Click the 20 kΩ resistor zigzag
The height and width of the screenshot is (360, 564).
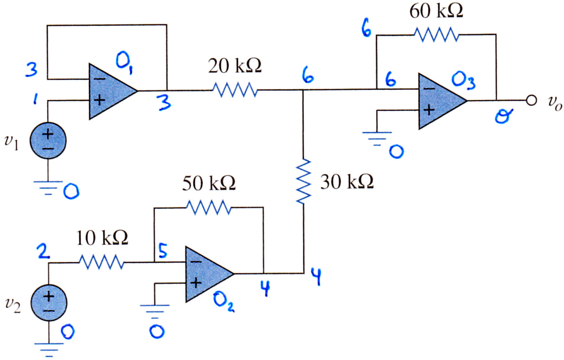(x=235, y=90)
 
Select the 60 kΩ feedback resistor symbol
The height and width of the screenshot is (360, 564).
(x=436, y=35)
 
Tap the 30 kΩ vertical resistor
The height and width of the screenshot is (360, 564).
(x=304, y=182)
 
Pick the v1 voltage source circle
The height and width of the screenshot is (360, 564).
(x=48, y=140)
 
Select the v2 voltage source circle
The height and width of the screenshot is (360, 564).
(x=48, y=302)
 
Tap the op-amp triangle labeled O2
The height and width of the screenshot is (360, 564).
(x=210, y=274)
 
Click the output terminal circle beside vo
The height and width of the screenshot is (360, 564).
(x=531, y=100)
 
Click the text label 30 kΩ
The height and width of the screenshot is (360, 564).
(x=347, y=182)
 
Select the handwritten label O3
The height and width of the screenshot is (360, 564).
(x=464, y=81)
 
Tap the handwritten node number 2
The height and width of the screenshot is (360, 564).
(x=44, y=251)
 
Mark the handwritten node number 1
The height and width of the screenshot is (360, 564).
(x=35, y=98)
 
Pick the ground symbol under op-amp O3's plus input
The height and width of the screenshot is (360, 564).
(x=377, y=139)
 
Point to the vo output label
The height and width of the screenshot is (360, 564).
(x=554, y=103)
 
